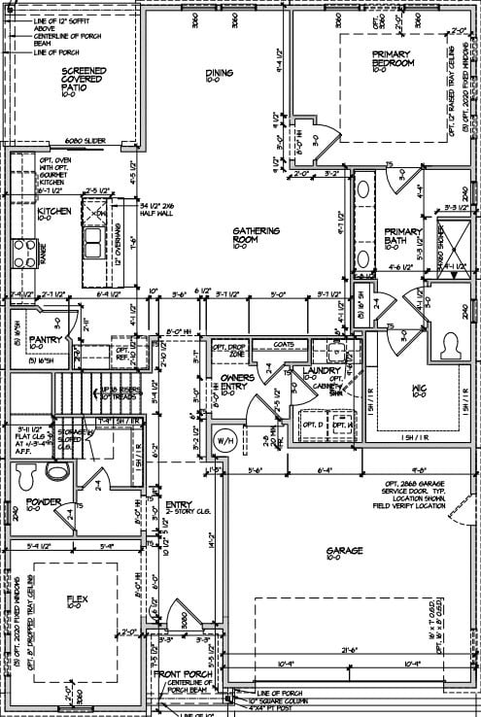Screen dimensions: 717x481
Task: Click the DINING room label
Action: click(x=219, y=76)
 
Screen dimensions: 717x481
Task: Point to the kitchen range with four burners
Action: click(x=21, y=254)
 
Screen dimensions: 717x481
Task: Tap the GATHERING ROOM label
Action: click(x=256, y=237)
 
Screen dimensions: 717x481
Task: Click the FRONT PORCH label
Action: click(x=185, y=674)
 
